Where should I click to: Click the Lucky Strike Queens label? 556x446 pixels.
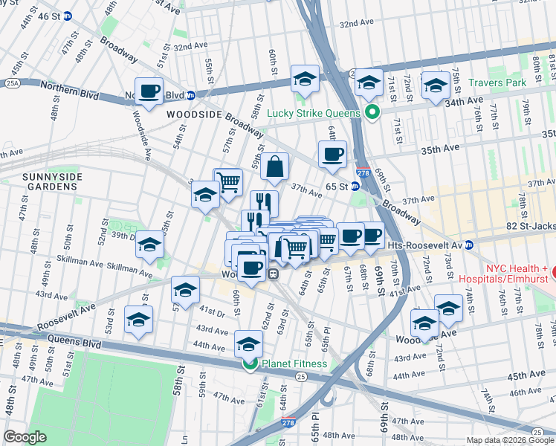[315, 113]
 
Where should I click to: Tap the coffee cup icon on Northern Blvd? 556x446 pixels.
[149, 91]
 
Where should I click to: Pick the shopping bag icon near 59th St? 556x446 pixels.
[274, 167]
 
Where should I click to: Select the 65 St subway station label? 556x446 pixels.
[336, 187]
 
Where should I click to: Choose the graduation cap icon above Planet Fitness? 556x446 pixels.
[248, 343]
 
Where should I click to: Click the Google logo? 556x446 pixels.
[25, 437]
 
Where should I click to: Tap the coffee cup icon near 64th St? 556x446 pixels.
[332, 155]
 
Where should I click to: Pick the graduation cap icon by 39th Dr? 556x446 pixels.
[150, 245]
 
